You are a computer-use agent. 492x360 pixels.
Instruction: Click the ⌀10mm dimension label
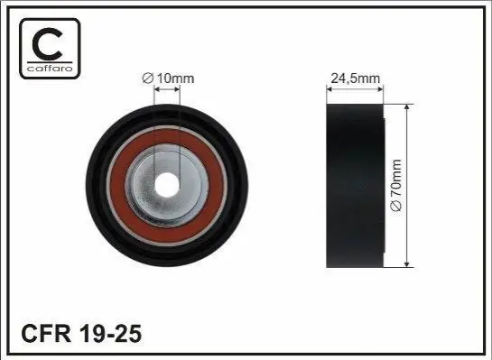click(x=168, y=78)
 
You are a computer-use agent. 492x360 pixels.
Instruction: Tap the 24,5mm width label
click(x=355, y=78)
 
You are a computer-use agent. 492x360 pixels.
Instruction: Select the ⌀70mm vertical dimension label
click(x=396, y=186)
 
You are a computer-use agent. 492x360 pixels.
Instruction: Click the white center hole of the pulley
click(x=167, y=185)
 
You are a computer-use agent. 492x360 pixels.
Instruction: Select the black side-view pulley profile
click(x=355, y=186)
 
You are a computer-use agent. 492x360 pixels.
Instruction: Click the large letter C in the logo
click(x=47, y=44)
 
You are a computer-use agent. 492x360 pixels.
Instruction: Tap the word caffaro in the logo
click(x=50, y=69)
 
